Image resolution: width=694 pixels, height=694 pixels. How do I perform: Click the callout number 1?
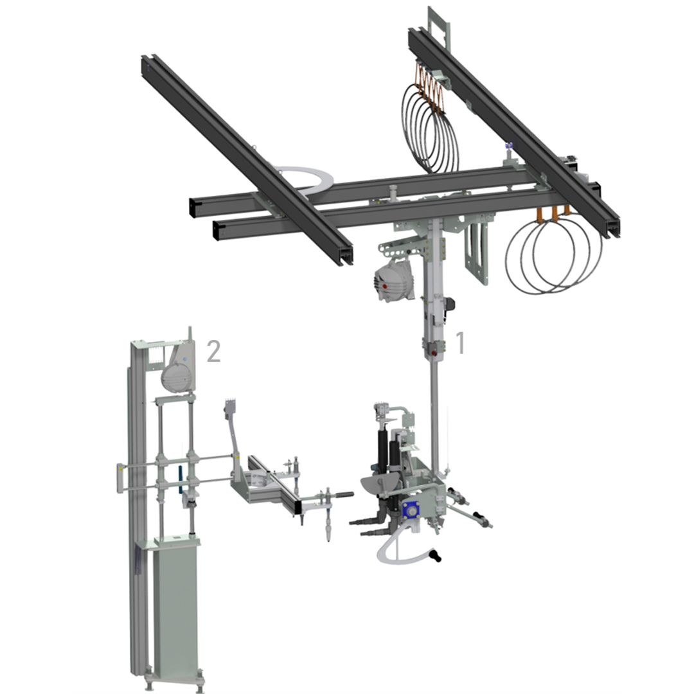click(x=460, y=343)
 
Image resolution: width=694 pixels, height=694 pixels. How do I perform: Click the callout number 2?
click(x=214, y=351)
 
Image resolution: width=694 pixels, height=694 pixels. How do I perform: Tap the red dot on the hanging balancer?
click(x=385, y=287)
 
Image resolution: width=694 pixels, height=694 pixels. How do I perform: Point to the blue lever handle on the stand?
click(x=180, y=480)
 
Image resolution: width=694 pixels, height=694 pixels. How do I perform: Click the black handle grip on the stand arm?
click(x=343, y=494)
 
